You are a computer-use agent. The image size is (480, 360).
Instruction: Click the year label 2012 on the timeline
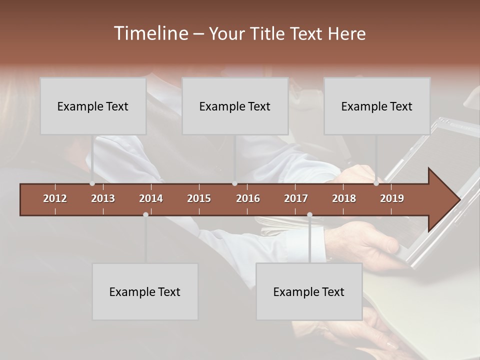pos(55,198)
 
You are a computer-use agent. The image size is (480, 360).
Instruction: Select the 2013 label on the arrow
pos(103,198)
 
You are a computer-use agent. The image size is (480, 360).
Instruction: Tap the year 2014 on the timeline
pos(151,198)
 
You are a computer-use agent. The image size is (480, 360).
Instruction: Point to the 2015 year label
pos(199,198)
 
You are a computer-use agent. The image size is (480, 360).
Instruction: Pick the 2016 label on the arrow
pos(248,198)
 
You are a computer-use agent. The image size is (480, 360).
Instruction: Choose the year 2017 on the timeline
pos(296,198)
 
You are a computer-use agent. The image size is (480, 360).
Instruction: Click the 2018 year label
pos(344,198)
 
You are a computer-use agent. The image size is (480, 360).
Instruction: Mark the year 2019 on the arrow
pos(392,198)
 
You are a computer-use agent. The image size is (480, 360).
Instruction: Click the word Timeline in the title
pos(150,33)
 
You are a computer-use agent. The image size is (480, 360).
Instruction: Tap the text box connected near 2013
pos(93,106)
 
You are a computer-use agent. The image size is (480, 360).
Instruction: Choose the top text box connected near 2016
pos(235,106)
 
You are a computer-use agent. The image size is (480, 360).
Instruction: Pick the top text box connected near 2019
pos(377,106)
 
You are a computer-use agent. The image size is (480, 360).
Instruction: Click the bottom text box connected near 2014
pos(145,291)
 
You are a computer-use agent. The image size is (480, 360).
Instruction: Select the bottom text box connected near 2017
pos(309,291)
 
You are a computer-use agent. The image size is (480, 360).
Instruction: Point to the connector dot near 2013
pos(92,183)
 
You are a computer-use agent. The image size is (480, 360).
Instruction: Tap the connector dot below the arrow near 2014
pos(145,214)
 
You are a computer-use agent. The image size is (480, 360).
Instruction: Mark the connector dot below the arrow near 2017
pos(309,214)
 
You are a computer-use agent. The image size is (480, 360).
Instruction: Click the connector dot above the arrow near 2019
pos(376,183)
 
